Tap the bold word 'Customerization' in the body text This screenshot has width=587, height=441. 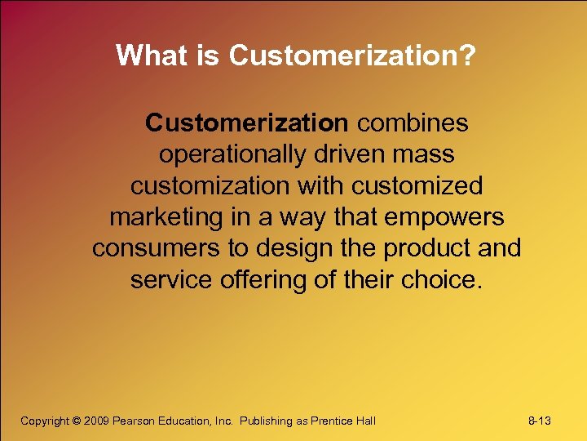coord(246,123)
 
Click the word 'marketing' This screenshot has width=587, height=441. coord(166,216)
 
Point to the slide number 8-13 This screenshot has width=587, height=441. coord(540,421)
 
